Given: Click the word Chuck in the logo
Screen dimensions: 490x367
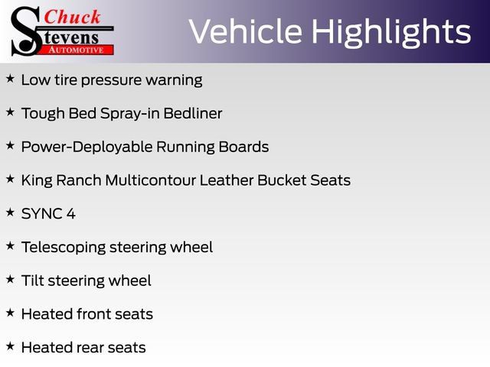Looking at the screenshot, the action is (x=72, y=17).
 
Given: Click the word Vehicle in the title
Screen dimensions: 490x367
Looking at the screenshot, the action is (x=246, y=31).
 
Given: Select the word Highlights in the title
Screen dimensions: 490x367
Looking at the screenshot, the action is (x=391, y=33).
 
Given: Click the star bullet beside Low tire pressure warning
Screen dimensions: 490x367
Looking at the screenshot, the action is (x=10, y=78).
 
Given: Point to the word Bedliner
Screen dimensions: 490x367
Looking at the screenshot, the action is (x=193, y=113).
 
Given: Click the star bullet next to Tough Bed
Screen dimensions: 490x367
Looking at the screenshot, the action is (x=10, y=112).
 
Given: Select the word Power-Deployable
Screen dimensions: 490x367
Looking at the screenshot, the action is (x=87, y=148).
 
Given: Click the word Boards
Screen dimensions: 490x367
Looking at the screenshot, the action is (x=243, y=147).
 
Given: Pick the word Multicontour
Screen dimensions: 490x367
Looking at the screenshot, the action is (x=151, y=180).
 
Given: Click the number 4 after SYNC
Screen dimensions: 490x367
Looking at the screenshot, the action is (x=71, y=214).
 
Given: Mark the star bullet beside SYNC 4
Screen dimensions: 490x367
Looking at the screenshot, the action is (x=10, y=213).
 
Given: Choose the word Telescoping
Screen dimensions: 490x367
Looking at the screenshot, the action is (x=64, y=248).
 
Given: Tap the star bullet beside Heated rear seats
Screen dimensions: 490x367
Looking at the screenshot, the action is (x=10, y=346).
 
